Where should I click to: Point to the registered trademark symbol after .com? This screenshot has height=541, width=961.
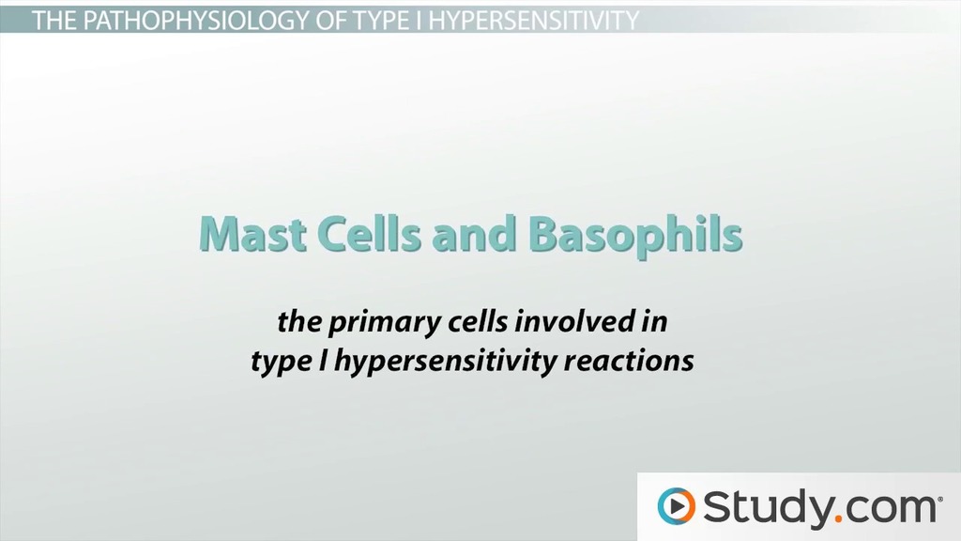pos(939,495)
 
